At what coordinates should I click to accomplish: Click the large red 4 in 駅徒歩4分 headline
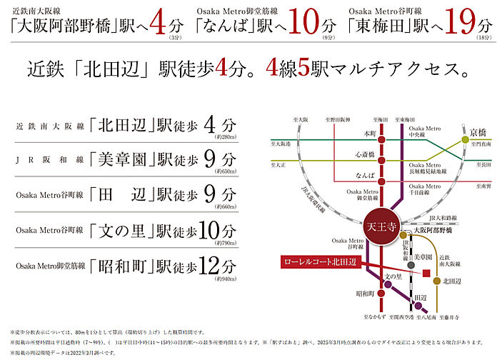[222, 70]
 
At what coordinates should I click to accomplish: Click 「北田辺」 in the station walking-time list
[123, 124]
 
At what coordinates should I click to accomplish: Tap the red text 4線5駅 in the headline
[297, 70]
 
